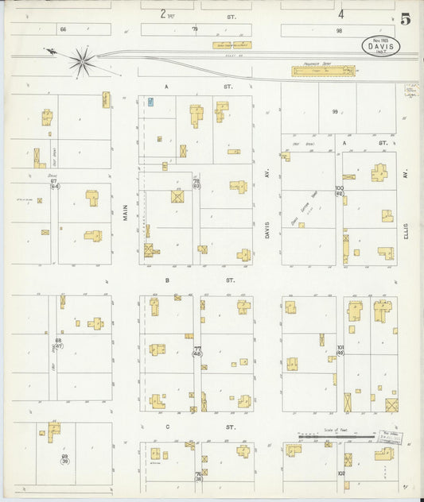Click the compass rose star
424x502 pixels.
(x=82, y=59)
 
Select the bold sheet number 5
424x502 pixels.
(x=405, y=20)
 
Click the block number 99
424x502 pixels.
(x=335, y=112)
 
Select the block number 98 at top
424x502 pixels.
(x=338, y=30)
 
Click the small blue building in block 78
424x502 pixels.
(x=150, y=102)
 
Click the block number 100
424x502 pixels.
(x=339, y=188)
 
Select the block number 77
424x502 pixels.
(x=196, y=348)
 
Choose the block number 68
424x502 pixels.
(x=57, y=342)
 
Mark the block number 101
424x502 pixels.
(x=340, y=347)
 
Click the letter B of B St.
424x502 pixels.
(x=168, y=280)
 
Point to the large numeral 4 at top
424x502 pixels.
(x=340, y=14)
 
